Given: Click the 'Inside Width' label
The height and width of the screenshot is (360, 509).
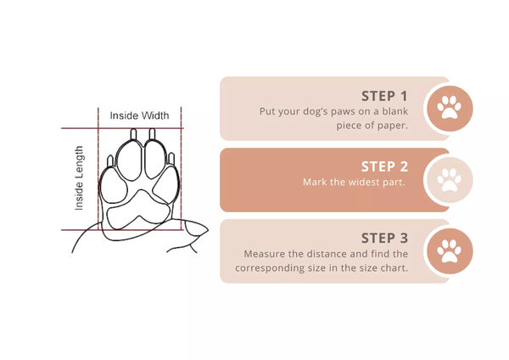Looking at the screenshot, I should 139,115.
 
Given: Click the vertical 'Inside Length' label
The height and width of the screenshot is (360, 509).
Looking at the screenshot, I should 79,178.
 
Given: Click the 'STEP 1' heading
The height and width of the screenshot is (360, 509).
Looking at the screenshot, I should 384,96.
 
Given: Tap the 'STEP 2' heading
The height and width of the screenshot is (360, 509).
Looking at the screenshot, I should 384,166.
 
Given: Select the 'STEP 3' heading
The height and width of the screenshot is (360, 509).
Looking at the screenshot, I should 384,238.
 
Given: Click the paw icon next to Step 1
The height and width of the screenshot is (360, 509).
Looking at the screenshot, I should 449,109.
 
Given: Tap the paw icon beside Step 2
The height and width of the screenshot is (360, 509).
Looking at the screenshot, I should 449,180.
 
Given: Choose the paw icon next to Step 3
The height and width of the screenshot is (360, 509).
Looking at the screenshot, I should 449,251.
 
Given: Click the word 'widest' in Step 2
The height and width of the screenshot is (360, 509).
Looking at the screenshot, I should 362,183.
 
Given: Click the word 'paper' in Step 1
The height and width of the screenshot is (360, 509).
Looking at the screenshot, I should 391,126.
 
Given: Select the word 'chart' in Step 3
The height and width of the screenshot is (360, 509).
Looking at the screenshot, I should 393,268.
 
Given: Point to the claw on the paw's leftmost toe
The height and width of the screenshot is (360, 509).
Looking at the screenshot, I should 112,160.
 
